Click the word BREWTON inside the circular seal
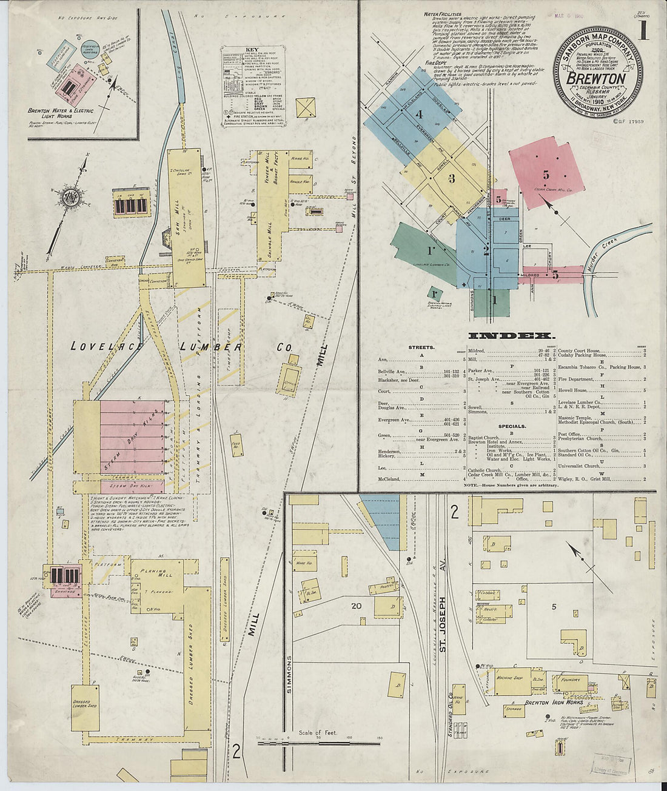(x=595, y=79)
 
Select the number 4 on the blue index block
(x=419, y=113)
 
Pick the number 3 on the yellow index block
(x=451, y=178)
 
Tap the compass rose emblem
(x=70, y=195)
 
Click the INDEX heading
(x=511, y=335)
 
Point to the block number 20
(x=356, y=604)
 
